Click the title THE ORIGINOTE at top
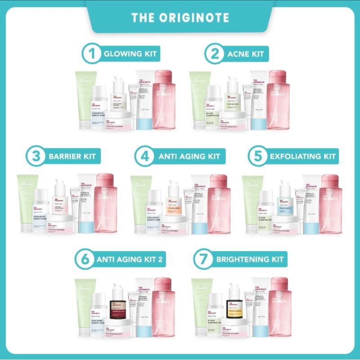180,18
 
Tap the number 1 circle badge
91,54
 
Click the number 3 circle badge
35,157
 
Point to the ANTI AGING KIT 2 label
129,260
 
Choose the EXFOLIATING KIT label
302,157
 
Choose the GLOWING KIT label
130,54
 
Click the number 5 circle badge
258,157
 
